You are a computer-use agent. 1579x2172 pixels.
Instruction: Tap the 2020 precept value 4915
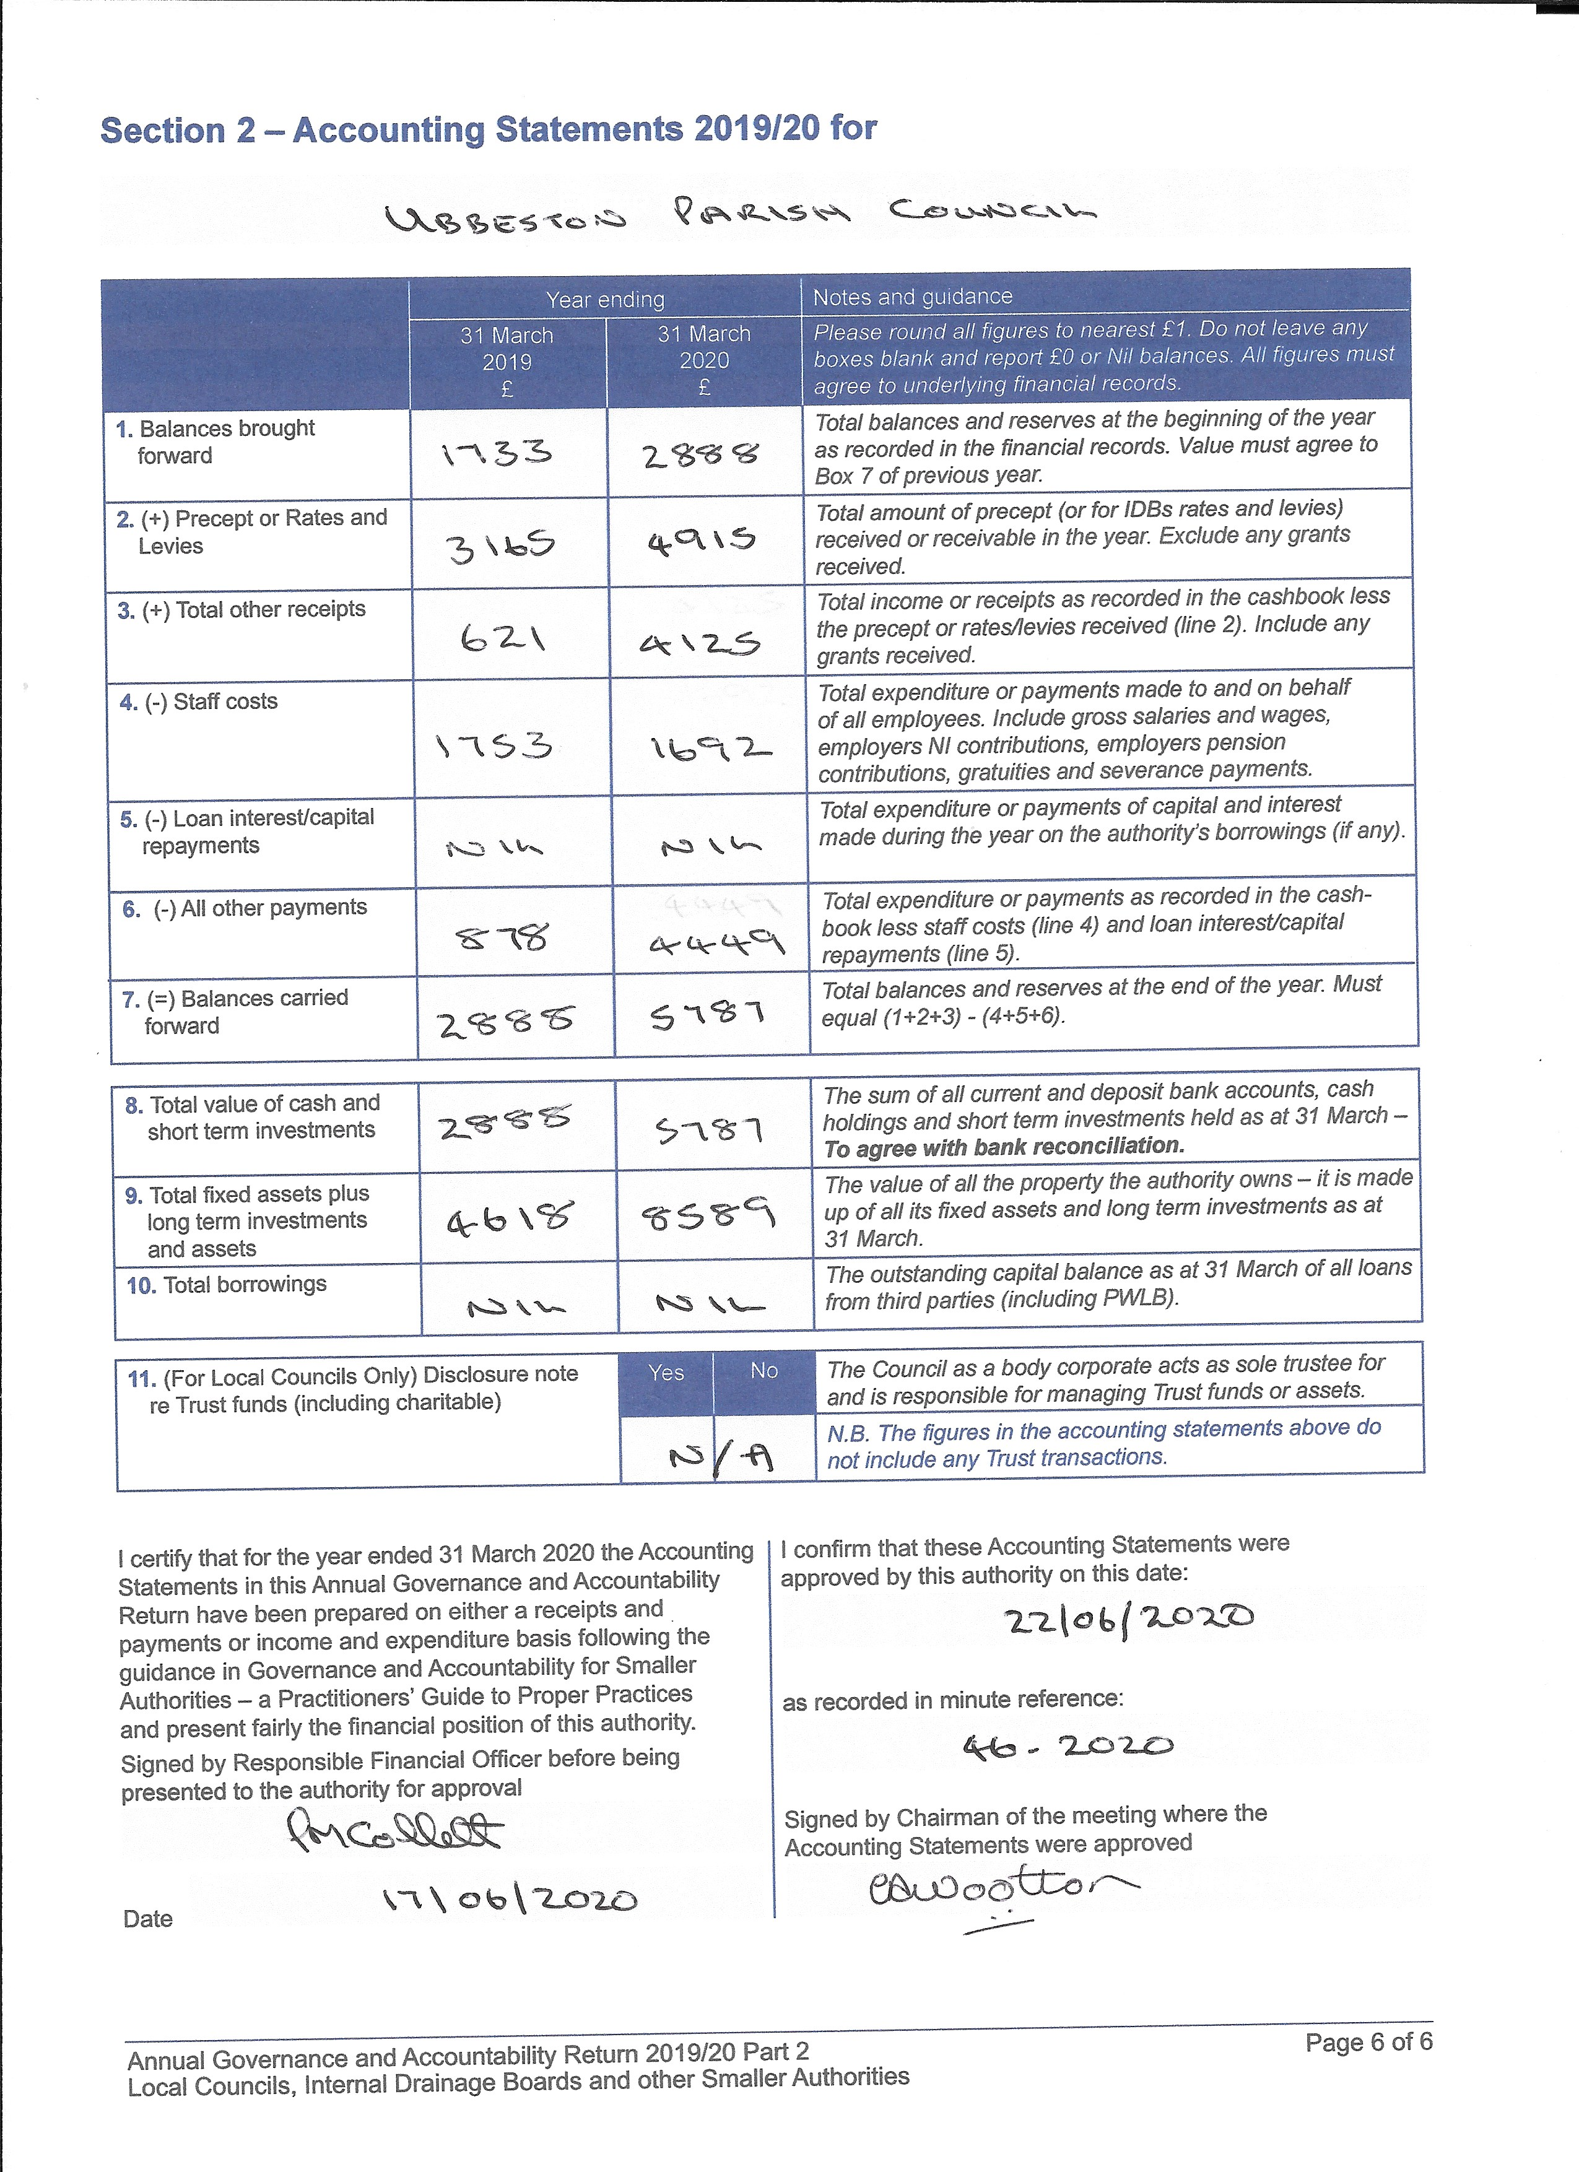(702, 542)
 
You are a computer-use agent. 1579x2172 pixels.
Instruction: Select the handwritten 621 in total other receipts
(503, 637)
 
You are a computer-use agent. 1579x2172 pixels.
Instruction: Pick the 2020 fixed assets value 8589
(708, 1216)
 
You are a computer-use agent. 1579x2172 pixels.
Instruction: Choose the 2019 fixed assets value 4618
(510, 1217)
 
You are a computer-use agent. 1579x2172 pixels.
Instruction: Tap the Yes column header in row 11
(666, 1372)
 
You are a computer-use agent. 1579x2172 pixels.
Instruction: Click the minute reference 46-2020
(1068, 1746)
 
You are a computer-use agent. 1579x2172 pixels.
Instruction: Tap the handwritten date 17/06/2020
(510, 1899)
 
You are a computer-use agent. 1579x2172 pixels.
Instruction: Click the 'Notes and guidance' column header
(911, 297)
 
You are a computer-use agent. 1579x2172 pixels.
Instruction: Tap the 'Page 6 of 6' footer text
(1368, 2043)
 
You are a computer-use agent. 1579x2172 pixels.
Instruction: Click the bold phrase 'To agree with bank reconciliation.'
(1004, 1146)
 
